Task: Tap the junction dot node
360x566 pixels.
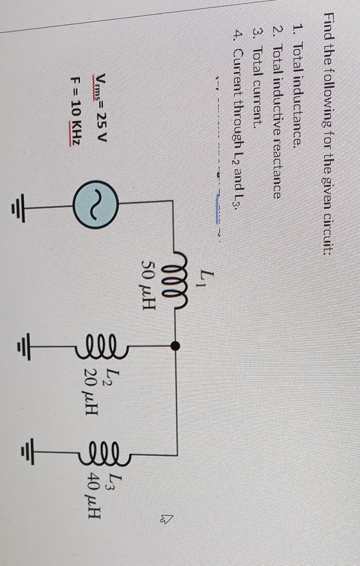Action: [x=174, y=346]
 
